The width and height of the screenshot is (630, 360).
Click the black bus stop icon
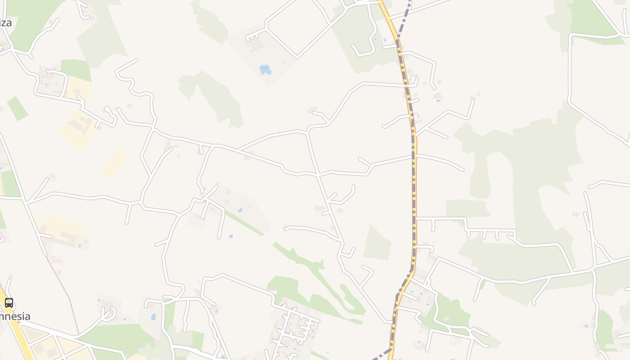9,302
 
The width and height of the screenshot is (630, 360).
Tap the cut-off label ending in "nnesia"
15,316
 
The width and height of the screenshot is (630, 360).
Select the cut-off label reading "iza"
6,22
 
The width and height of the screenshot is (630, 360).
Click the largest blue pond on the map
265,69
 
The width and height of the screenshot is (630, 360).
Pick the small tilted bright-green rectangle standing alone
18,108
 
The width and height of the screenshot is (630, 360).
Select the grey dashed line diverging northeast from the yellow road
405,18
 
